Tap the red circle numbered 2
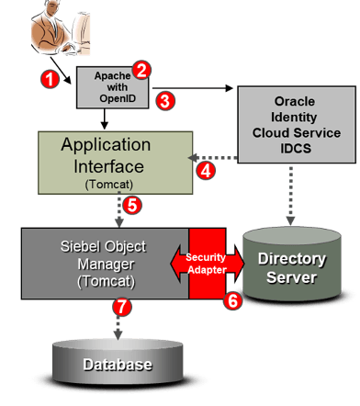click(x=141, y=70)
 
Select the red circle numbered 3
click(x=164, y=101)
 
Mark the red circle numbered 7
click(x=118, y=305)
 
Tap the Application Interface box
click(x=115, y=163)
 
